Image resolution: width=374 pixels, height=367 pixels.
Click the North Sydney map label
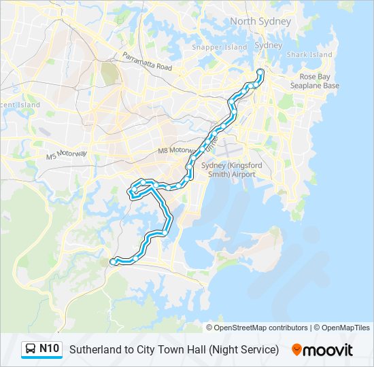point(260,21)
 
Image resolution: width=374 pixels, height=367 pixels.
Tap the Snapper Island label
point(220,48)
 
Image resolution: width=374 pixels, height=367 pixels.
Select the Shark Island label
point(309,54)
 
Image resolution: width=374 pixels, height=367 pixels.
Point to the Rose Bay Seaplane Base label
point(314,82)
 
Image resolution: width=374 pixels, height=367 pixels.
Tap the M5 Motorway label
point(67,154)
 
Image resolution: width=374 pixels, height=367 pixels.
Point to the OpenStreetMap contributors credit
point(260,328)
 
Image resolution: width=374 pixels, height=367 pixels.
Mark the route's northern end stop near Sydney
point(260,72)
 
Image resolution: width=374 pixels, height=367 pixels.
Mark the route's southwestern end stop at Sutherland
point(114,261)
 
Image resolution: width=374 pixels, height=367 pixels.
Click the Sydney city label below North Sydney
point(267,45)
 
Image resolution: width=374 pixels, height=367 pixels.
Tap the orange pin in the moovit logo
point(296,350)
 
